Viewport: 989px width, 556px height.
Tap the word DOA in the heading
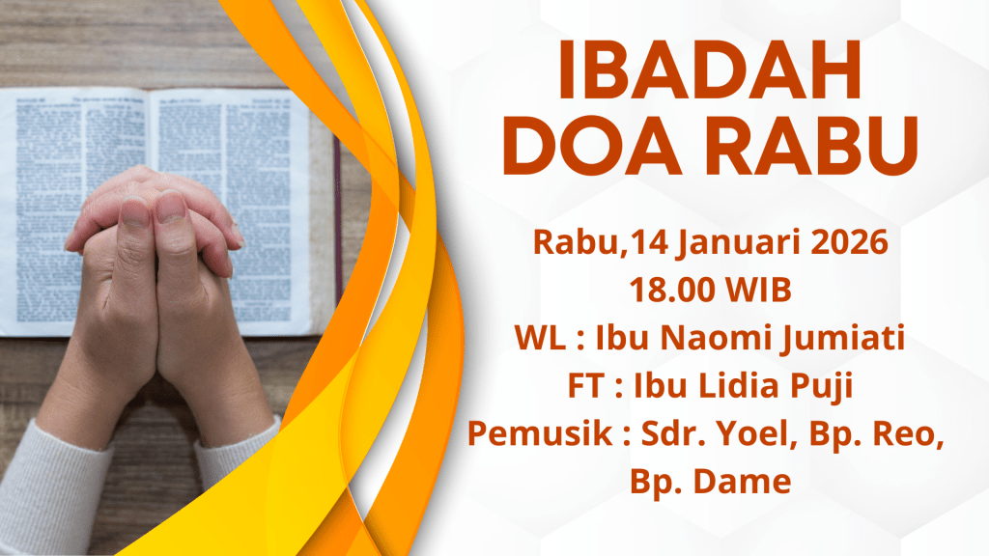pyautogui.click(x=593, y=146)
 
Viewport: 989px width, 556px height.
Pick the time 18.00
pyautogui.click(x=672, y=290)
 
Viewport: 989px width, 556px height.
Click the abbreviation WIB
pyautogui.click(x=759, y=290)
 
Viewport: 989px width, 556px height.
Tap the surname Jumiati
pyautogui.click(x=844, y=339)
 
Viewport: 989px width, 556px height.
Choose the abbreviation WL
pyautogui.click(x=540, y=338)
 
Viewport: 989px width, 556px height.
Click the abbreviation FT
pyautogui.click(x=586, y=386)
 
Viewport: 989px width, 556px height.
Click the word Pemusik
pyautogui.click(x=540, y=433)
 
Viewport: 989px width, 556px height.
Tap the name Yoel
pyautogui.click(x=751, y=433)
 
